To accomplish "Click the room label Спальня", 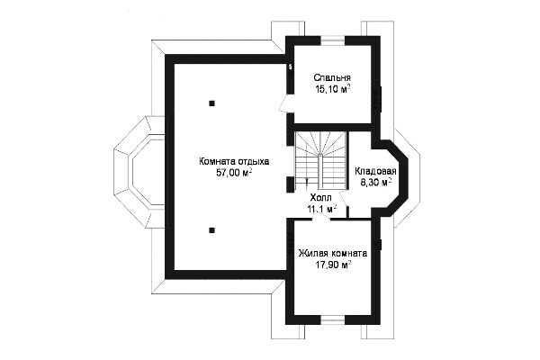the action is click(332, 77).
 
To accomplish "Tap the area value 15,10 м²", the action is click(332, 90).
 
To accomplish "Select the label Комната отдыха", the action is click(234, 161).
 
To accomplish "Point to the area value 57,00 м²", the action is click(234, 173).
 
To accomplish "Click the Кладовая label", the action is click(375, 171).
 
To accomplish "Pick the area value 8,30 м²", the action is click(375, 183).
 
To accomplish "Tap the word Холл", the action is click(320, 198).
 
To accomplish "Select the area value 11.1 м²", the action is click(321, 209).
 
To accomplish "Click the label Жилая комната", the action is click(333, 253).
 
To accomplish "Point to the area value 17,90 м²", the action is click(333, 265).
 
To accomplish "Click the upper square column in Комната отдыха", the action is click(211, 103).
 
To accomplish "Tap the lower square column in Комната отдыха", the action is click(211, 230).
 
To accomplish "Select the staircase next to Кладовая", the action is click(320, 160).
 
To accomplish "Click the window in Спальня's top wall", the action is click(333, 40).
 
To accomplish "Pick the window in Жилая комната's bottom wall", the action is click(333, 320).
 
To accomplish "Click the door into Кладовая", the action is click(344, 197).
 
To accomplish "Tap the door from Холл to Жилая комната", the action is click(323, 216).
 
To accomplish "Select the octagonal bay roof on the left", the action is click(139, 172).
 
